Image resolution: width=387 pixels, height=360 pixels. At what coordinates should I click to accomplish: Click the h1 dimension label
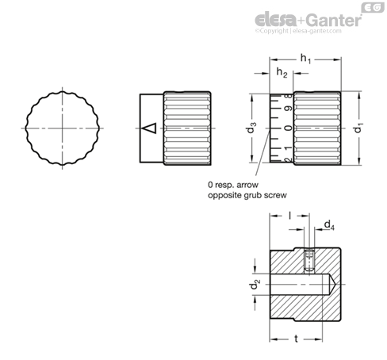point(305,59)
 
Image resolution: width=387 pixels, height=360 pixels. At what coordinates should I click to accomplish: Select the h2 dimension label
point(282,72)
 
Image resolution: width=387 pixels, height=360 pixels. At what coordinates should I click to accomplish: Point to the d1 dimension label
point(358,128)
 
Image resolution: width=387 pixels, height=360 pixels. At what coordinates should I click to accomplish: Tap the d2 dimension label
point(255,284)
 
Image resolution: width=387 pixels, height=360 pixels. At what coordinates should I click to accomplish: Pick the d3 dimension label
point(251,128)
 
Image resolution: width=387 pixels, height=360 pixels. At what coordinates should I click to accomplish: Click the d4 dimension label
point(329,225)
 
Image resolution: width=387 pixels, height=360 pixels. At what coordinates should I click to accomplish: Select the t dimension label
point(297,339)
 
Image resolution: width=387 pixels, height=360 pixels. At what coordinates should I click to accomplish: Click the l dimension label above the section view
point(290,216)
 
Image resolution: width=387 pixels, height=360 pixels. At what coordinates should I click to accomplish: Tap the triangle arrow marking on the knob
point(149,128)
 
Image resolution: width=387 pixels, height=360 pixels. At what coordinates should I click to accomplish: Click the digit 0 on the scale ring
point(289,128)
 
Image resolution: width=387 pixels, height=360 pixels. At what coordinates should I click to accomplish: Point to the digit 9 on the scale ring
point(289,108)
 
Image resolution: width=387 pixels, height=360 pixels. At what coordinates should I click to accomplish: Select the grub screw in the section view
point(308,261)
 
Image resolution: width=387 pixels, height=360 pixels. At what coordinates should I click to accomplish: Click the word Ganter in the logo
point(335,20)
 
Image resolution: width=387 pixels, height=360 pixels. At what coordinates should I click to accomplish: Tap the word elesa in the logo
point(276,20)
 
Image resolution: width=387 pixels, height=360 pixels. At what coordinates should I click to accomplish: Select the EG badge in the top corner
point(373,7)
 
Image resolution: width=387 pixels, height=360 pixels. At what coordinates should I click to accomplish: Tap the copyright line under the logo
point(298,31)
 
